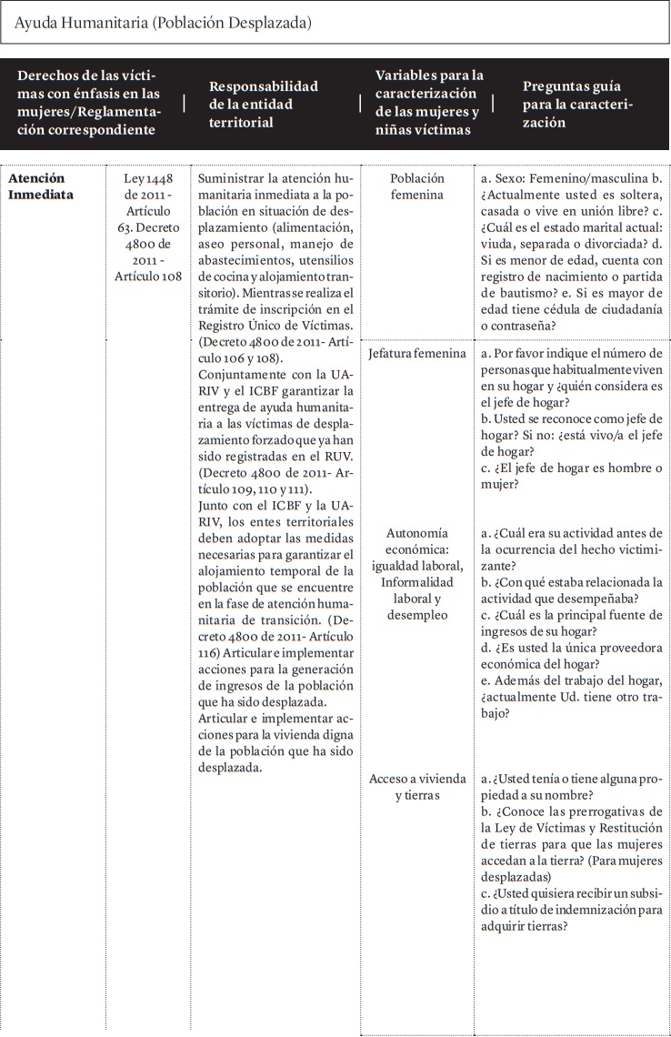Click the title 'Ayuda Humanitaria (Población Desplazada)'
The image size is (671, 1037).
point(164,24)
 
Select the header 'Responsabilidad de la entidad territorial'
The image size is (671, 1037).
point(264,105)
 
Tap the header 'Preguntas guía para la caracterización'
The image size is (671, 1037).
point(577,105)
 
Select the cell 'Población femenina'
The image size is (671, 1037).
point(417,186)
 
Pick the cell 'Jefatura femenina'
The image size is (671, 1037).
point(417,352)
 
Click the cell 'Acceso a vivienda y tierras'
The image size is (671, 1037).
point(417,787)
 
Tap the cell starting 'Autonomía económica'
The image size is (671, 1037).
point(417,573)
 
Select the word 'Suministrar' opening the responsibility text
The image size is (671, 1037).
point(232,178)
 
